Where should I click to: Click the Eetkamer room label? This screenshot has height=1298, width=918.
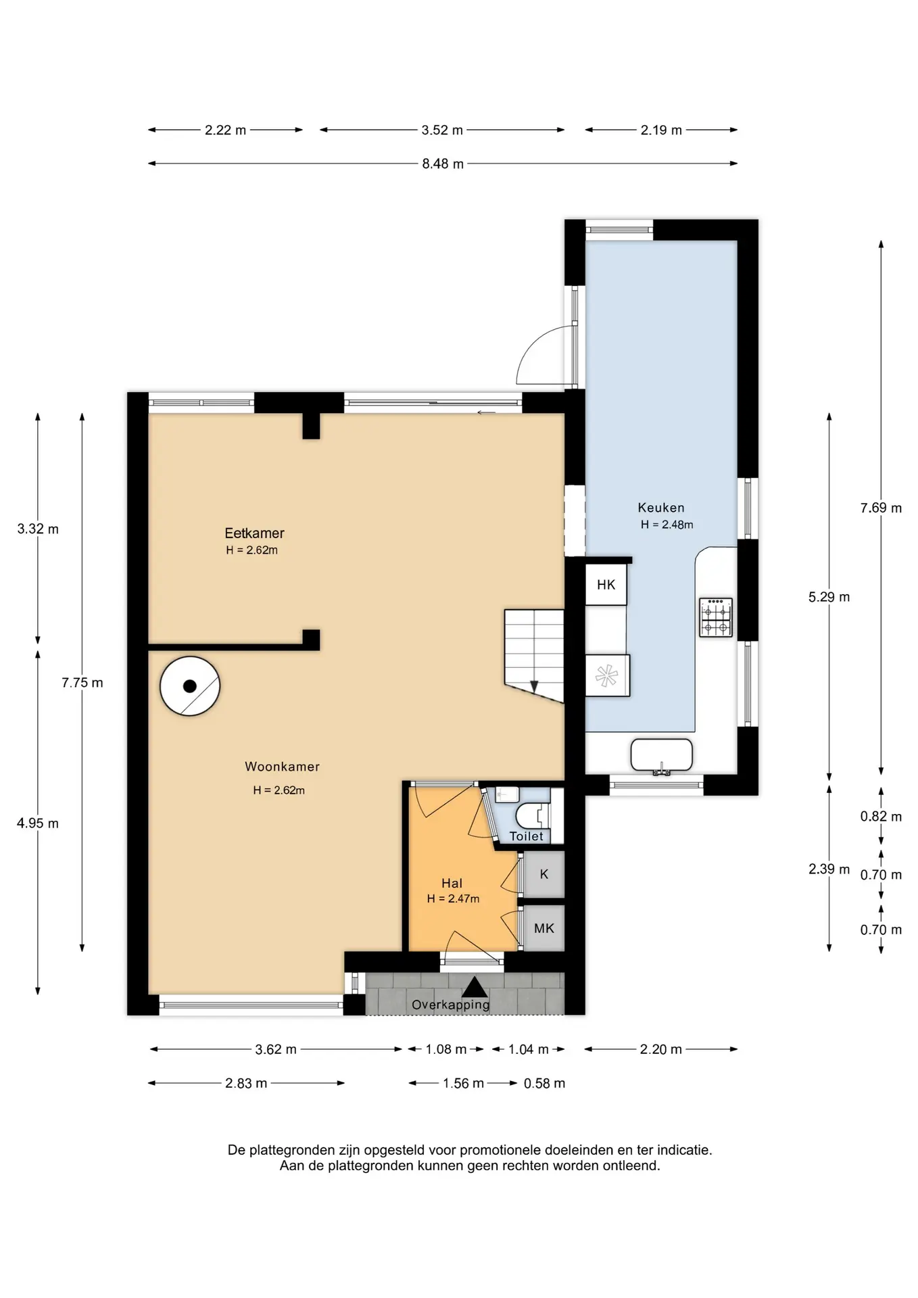254,533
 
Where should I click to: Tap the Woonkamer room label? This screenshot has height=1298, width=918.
282,767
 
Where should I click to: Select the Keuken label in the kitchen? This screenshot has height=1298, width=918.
661,508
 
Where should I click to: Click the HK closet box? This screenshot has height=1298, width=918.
606,585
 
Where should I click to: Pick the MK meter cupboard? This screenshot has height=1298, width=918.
544,928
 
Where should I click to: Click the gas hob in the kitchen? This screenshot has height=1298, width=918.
716,617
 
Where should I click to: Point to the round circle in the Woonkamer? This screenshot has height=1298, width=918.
190,686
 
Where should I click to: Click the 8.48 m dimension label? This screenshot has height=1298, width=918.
443,164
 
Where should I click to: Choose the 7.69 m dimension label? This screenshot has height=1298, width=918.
881,508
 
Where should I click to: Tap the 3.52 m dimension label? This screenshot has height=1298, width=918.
442,130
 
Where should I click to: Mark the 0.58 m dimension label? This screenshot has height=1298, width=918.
544,1083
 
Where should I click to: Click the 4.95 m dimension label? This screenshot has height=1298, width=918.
38,823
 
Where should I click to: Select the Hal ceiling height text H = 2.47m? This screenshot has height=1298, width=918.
453,898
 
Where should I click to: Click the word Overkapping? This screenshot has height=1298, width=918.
451,1005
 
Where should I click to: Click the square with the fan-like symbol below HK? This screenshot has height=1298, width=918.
607,675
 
